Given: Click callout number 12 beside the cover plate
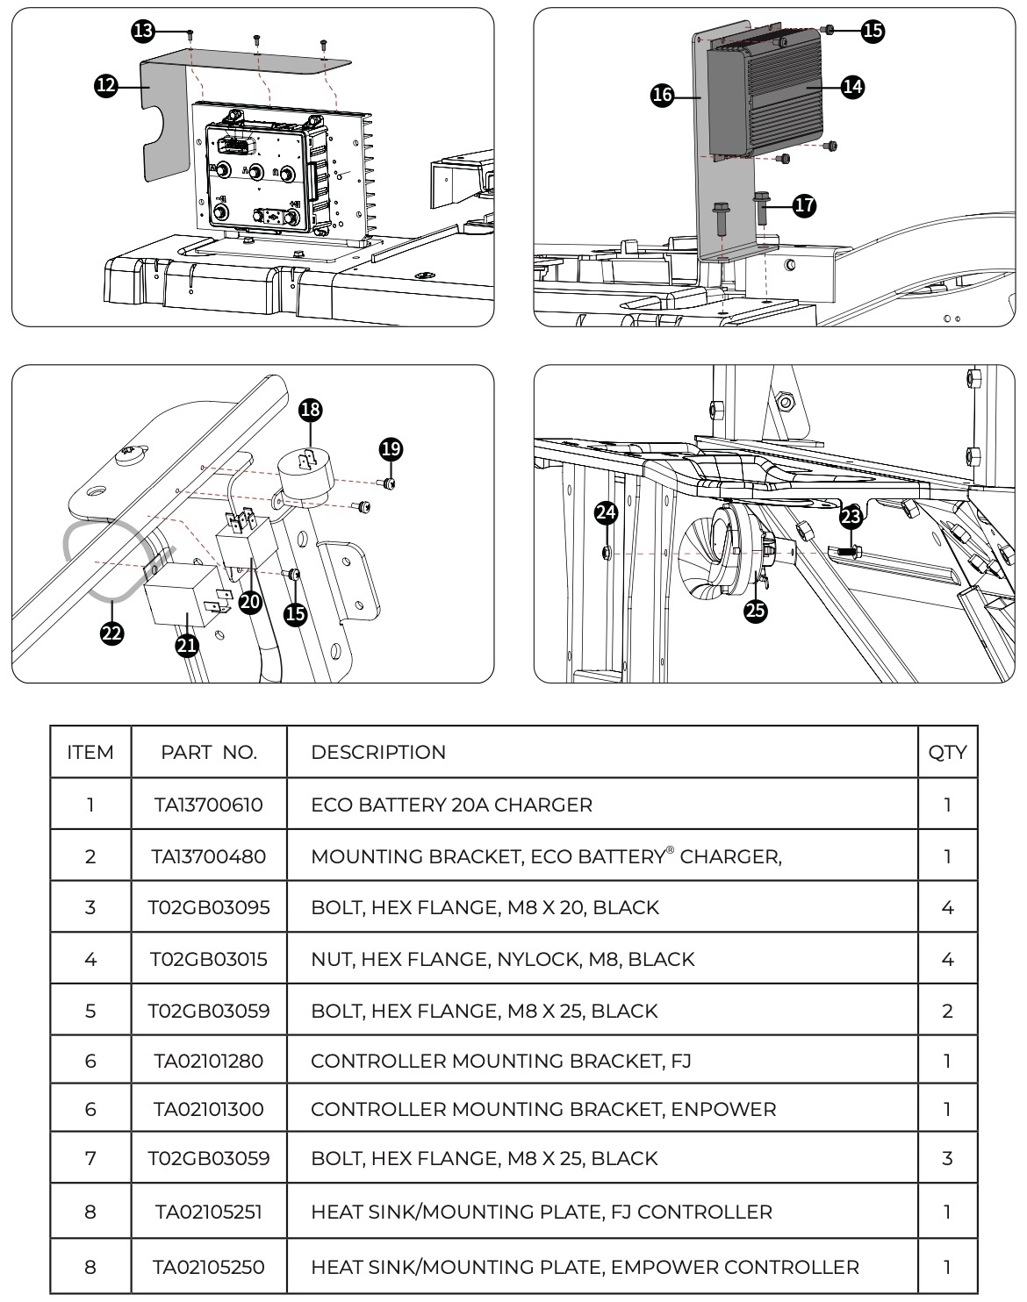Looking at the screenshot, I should pos(105,85).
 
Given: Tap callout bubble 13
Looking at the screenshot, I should pos(142,32).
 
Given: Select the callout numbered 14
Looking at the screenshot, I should pos(851,86).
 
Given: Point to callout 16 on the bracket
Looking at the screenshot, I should pos(663,95).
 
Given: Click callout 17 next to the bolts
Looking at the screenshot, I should pos(804,205).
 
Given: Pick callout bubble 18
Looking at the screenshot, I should pos(310,409).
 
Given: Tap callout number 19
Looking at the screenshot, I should pos(391,449).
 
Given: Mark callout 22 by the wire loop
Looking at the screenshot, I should pos(111,633).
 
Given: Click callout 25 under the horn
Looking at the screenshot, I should pos(755,611).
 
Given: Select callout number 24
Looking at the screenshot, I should pos(606,512).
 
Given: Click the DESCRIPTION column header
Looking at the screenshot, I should pos(378,752).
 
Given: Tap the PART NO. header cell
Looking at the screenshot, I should pos(209,752).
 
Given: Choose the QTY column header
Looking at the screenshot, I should pos(947,752).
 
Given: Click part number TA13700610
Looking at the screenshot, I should pos(209,805).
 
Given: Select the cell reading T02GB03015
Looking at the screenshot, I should pos(209,959).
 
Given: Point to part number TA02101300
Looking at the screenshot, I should pos(209,1109).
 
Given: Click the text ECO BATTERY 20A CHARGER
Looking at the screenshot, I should pos(451,805).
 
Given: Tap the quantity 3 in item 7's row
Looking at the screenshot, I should pos(947,1158).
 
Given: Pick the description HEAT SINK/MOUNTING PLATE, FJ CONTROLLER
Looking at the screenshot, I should pos(542,1212).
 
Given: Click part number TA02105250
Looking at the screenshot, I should pos(209,1267).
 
